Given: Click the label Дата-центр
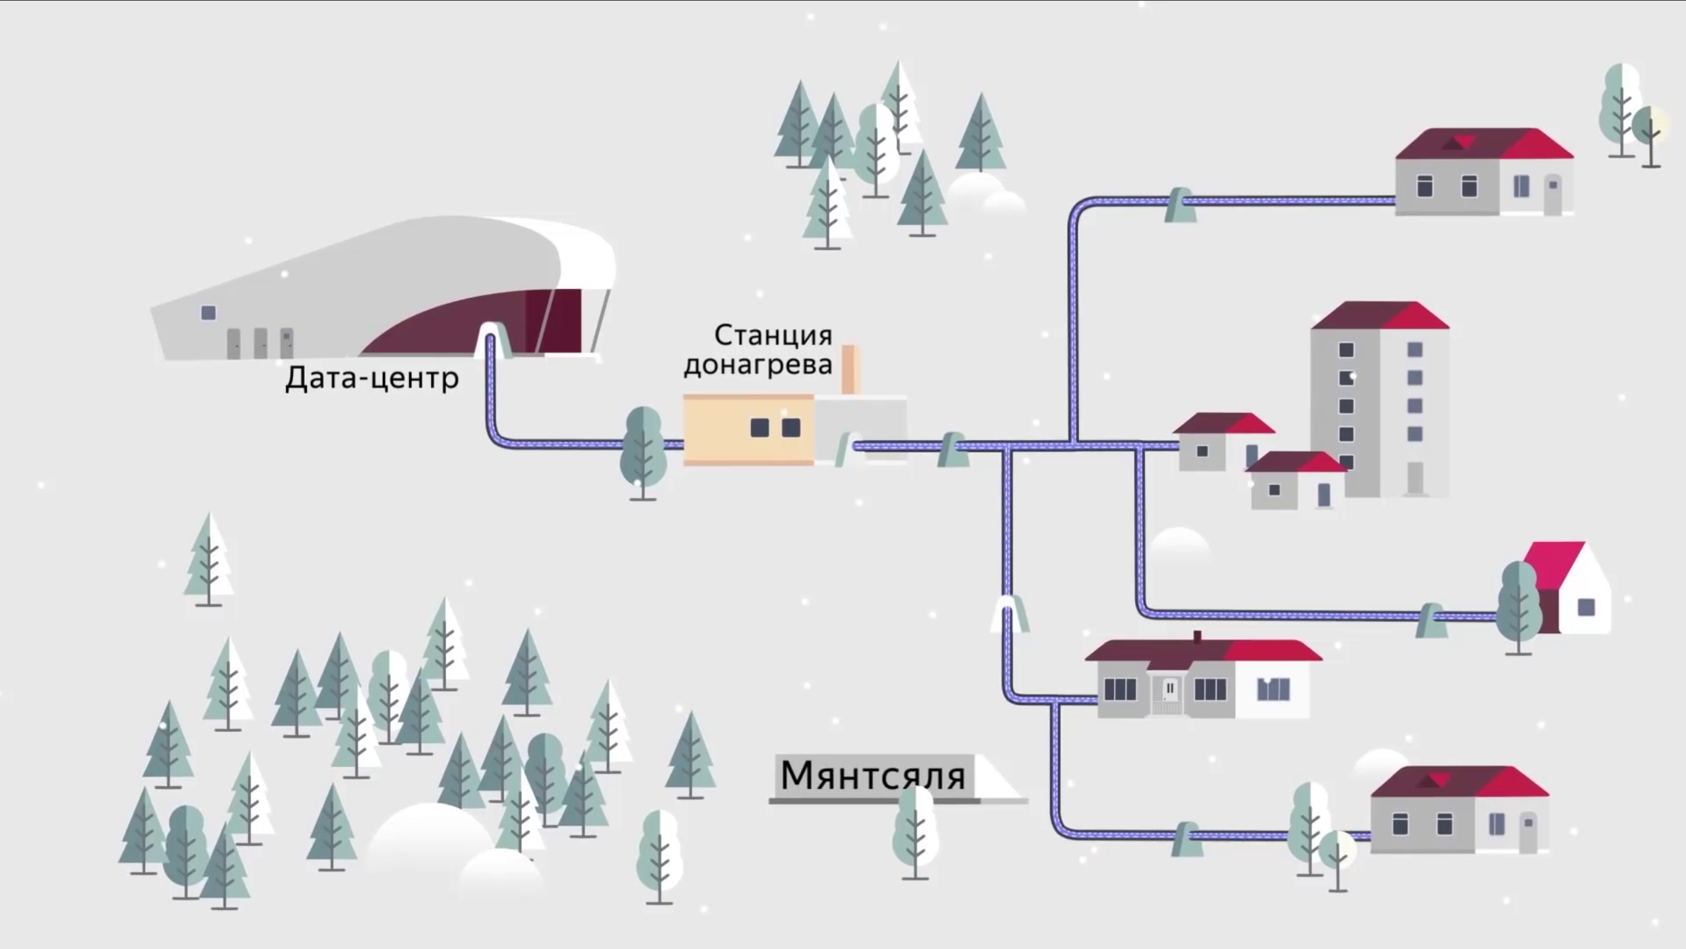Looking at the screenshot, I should pyautogui.click(x=372, y=378).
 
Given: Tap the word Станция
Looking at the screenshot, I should pyautogui.click(x=773, y=335).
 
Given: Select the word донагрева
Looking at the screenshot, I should pyautogui.click(x=758, y=364).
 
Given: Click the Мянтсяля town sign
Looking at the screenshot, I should pyautogui.click(x=872, y=776).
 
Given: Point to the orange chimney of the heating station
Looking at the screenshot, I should pyautogui.click(x=850, y=369).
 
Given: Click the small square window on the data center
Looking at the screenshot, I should pyautogui.click(x=209, y=313).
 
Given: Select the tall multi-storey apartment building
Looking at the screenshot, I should pyautogui.click(x=1379, y=402).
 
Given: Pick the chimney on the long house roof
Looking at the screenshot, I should pyautogui.click(x=1197, y=637).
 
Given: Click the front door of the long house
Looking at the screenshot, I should pyautogui.click(x=1169, y=690).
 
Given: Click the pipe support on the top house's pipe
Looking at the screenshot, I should pyautogui.click(x=1179, y=204).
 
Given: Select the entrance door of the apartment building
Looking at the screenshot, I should pyautogui.click(x=1414, y=479).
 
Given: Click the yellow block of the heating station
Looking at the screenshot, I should pyautogui.click(x=748, y=429).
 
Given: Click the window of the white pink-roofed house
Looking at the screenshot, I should pyautogui.click(x=1586, y=607).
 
